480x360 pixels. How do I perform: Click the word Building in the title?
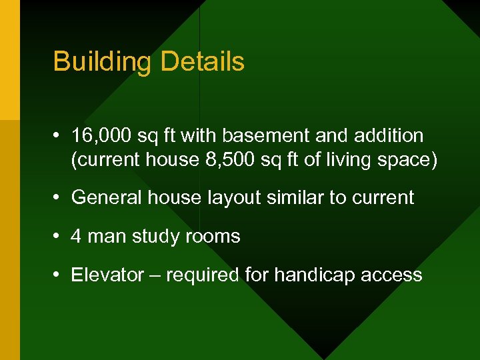[103, 62]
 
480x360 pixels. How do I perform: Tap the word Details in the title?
[202, 62]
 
